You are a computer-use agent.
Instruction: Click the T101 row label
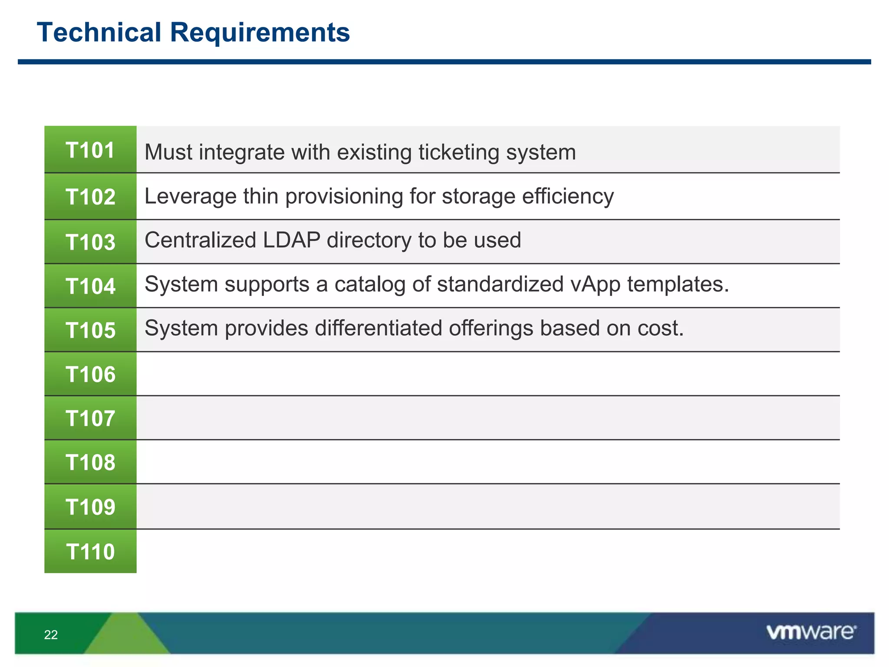pyautogui.click(x=90, y=150)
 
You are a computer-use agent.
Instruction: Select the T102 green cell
pyautogui.click(x=90, y=196)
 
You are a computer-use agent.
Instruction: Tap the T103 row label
pyautogui.click(x=90, y=242)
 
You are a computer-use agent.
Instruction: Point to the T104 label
pyautogui.click(x=90, y=286)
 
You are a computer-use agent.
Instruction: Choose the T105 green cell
pyautogui.click(x=90, y=330)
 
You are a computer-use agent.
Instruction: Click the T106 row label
pyautogui.click(x=90, y=374)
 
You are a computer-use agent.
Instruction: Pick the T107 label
pyautogui.click(x=90, y=418)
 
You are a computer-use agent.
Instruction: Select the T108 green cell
pyautogui.click(x=90, y=462)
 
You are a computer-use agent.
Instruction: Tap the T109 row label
pyautogui.click(x=90, y=507)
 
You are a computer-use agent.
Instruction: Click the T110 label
pyautogui.click(x=90, y=551)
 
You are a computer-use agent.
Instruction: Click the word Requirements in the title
pyautogui.click(x=260, y=33)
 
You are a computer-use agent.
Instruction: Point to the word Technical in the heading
pyautogui.click(x=99, y=32)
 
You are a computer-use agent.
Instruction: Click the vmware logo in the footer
pyautogui.click(x=811, y=632)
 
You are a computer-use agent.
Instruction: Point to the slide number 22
pyautogui.click(x=51, y=635)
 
